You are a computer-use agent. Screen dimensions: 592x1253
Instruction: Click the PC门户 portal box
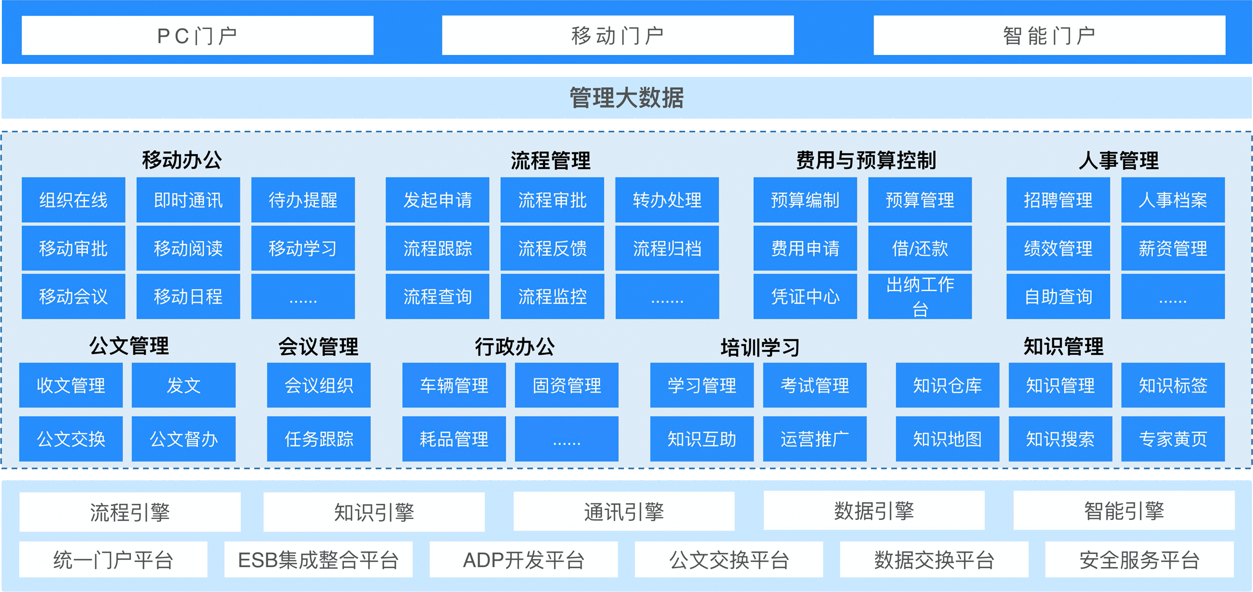197,35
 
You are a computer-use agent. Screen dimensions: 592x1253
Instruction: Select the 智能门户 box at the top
1049,35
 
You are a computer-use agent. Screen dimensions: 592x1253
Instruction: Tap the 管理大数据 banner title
626,98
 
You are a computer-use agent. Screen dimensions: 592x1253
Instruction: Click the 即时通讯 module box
188,200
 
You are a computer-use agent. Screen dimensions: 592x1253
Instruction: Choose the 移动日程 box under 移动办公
188,297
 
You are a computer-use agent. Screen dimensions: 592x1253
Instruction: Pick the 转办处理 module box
667,200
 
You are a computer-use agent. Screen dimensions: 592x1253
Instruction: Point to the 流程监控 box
552,297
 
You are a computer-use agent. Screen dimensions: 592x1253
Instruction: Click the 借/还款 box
920,248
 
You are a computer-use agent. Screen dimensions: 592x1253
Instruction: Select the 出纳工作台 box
920,297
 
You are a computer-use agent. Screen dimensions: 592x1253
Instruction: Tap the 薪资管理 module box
1173,248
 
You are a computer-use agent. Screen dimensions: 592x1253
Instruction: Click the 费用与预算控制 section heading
866,161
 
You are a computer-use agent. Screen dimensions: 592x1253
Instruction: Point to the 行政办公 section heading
515,347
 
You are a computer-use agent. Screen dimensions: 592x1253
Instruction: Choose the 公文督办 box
183,439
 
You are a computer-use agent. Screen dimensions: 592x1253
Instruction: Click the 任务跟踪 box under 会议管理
319,439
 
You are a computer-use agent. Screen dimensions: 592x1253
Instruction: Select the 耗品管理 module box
454,439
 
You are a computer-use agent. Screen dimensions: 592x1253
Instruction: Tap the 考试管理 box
814,385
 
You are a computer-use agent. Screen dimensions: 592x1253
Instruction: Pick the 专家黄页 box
1173,439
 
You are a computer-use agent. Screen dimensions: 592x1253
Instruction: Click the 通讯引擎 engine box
624,512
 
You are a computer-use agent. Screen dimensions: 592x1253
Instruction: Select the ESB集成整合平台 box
318,560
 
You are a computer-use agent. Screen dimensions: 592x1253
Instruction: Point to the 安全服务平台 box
1139,560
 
